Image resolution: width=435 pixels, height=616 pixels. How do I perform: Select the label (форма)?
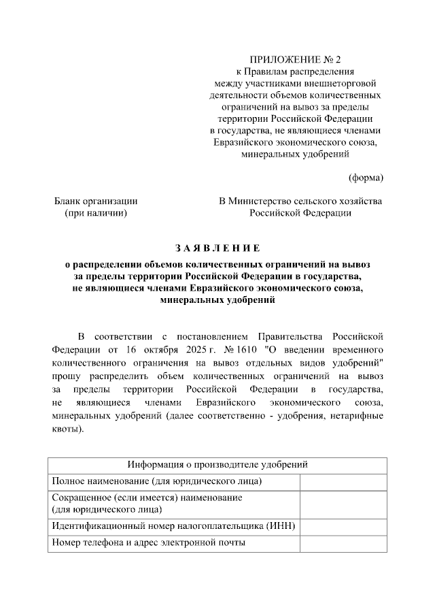[366, 178]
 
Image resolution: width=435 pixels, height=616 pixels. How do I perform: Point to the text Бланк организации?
[96, 201]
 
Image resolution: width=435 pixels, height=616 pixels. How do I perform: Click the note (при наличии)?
[96, 213]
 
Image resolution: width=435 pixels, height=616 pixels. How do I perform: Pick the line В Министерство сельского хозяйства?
[300, 201]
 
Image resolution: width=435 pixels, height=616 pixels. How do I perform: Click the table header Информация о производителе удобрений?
[217, 465]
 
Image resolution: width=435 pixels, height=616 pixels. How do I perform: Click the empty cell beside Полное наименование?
[343, 482]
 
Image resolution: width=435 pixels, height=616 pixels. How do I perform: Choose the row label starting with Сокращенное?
[147, 503]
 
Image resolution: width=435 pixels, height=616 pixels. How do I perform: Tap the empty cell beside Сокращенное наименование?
[343, 503]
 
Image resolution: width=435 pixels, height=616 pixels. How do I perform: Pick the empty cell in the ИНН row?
[343, 525]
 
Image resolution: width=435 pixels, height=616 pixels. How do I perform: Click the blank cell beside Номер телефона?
[343, 542]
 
